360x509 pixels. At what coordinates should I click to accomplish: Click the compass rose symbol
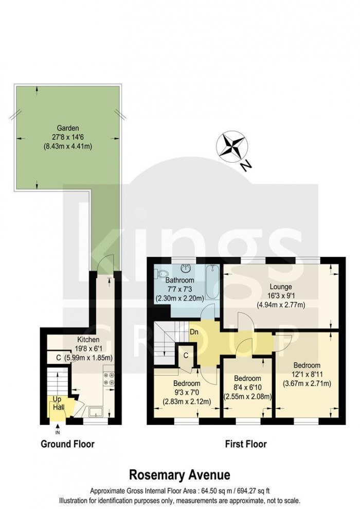[x=232, y=145]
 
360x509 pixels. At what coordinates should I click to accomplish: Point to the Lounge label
[x=281, y=287]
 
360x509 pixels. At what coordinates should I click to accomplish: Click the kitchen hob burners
[x=109, y=378]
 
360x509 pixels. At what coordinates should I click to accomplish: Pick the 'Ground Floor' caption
[x=67, y=443]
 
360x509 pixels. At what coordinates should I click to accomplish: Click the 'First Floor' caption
[x=246, y=443]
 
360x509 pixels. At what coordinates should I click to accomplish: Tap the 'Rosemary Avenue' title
[x=179, y=473]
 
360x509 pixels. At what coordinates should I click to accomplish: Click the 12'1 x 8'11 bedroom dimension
[x=308, y=374]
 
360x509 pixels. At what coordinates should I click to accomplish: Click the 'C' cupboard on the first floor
[x=185, y=355]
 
